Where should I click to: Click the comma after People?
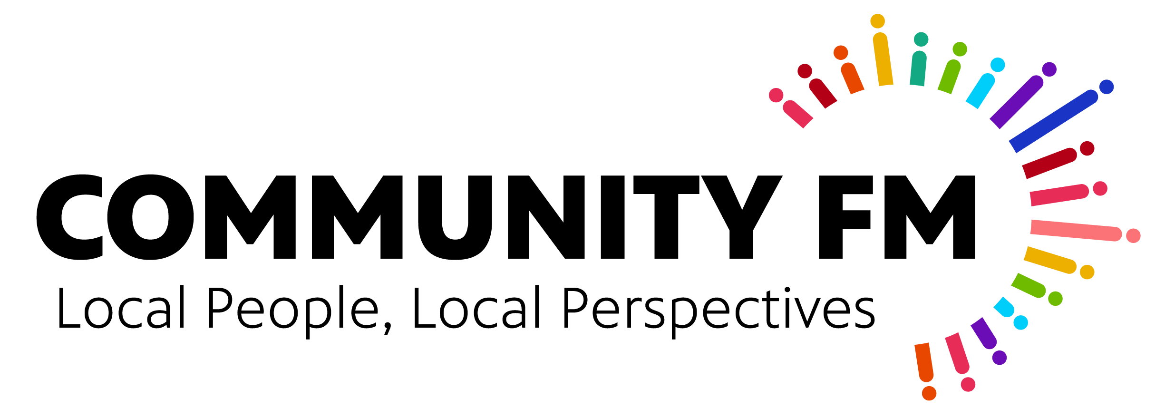point(388,327)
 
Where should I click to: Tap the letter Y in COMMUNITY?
point(741,217)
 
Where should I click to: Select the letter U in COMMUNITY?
point(455,217)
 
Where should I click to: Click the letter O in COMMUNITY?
point(150,217)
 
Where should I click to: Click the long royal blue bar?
point(1054,121)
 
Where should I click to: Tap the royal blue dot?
point(1107,87)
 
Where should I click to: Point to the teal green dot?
point(921,39)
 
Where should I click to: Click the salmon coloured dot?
point(1133,235)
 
